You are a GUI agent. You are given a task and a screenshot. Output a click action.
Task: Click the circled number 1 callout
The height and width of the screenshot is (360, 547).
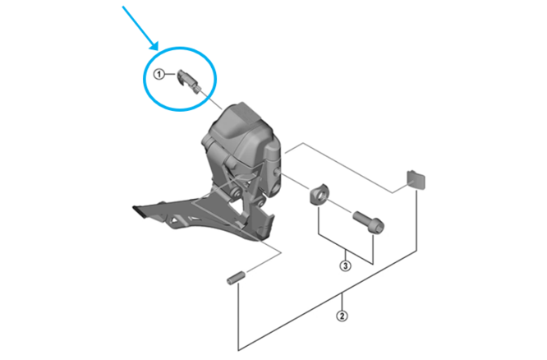159,74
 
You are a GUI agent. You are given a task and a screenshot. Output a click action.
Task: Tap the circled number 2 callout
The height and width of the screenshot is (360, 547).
342,316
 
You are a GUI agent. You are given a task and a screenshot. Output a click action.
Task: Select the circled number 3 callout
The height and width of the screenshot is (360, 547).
345,266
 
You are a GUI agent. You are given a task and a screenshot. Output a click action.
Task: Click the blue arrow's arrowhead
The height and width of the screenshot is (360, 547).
154,46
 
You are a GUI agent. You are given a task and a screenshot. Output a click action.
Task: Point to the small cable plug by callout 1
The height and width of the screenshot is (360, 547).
188,81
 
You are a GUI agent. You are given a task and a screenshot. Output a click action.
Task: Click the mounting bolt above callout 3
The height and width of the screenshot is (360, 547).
368,221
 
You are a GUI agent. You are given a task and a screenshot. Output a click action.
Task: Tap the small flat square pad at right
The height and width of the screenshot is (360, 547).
416,180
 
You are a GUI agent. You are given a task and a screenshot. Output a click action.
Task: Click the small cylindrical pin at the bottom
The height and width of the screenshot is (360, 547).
237,278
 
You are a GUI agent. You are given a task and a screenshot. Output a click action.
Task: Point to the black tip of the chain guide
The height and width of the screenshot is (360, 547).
139,212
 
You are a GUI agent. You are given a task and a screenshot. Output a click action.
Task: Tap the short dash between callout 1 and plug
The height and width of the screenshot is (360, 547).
170,74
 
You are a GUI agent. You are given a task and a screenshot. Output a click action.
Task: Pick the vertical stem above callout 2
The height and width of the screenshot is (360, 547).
342,301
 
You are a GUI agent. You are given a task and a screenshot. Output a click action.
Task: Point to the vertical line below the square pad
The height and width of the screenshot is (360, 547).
416,220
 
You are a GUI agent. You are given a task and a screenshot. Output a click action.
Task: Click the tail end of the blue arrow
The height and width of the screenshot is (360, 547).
123,7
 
